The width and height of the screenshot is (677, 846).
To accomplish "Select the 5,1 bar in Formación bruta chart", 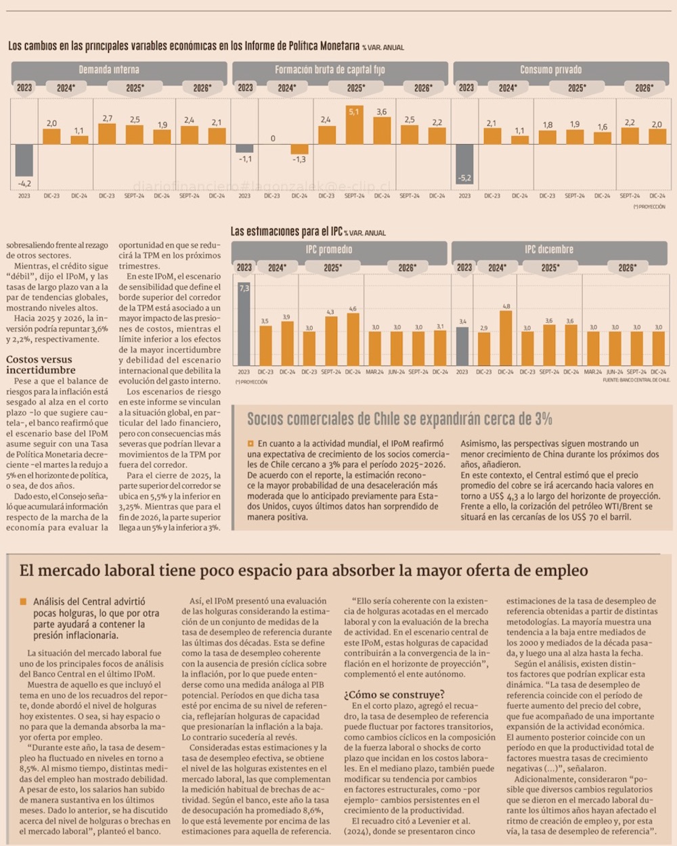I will coord(354,125).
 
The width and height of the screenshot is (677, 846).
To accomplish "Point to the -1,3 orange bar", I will coord(299,149).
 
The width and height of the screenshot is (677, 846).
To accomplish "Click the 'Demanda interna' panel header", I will coord(108,70).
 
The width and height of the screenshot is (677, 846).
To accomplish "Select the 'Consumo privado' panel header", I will coord(550,70).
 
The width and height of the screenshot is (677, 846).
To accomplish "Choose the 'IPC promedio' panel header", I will coord(328,250).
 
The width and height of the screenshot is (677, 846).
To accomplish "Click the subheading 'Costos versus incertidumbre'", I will coord(41,365).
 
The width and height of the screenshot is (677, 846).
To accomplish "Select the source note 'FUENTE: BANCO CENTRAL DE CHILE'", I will coord(636,380).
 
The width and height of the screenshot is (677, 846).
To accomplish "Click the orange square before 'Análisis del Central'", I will coord(24,601).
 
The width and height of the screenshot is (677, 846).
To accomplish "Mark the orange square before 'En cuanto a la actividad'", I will coord(250,444).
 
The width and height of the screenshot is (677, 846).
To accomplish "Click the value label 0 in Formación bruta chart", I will coord(273,138).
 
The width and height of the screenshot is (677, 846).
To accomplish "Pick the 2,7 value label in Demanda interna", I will coord(107,118).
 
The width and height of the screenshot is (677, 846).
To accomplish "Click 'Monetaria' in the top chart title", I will coord(337,46).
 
